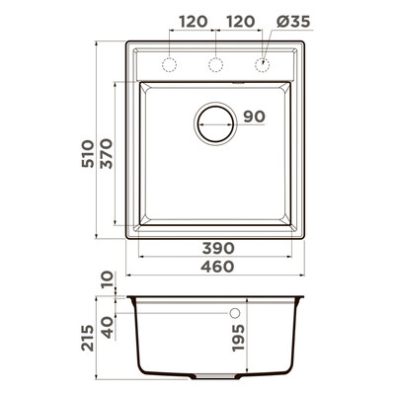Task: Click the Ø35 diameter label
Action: (x=293, y=22)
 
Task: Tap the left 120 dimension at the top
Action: (x=194, y=22)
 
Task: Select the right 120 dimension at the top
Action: (x=241, y=22)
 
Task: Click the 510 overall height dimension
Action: (x=88, y=154)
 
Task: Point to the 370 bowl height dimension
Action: (x=107, y=154)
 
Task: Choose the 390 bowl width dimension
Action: (x=218, y=248)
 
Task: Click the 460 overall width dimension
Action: (x=217, y=267)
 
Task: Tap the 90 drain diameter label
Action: (x=254, y=117)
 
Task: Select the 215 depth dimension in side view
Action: (x=88, y=338)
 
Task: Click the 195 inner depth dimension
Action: (x=238, y=338)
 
